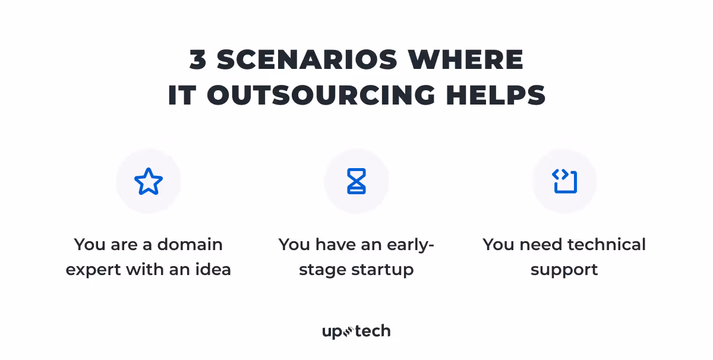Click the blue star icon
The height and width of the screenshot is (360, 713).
[x=149, y=182]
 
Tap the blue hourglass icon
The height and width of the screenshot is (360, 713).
[x=356, y=182]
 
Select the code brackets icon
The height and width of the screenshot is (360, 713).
[x=564, y=182]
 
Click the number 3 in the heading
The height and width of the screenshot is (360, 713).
[x=197, y=59]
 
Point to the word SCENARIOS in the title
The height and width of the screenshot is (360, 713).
[x=307, y=59]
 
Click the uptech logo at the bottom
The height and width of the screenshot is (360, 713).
[x=356, y=331]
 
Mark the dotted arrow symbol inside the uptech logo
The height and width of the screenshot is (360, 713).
[x=349, y=331]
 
